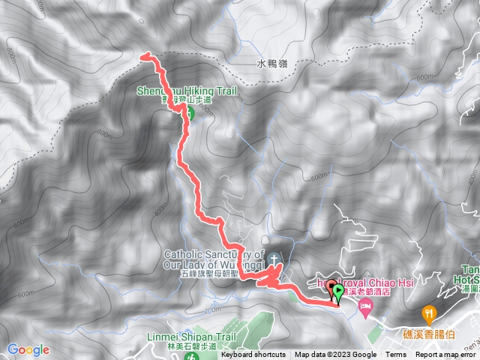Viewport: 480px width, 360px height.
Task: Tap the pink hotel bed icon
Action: (x=365, y=305)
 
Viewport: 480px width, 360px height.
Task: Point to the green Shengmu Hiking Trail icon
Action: (x=190, y=113)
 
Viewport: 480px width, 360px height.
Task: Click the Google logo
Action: (x=28, y=349)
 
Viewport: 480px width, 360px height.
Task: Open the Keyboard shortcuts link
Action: (x=253, y=355)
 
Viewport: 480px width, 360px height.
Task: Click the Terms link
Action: (x=396, y=355)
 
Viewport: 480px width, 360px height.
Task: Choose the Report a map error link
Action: (x=446, y=355)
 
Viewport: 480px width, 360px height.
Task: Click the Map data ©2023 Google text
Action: (x=335, y=355)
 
